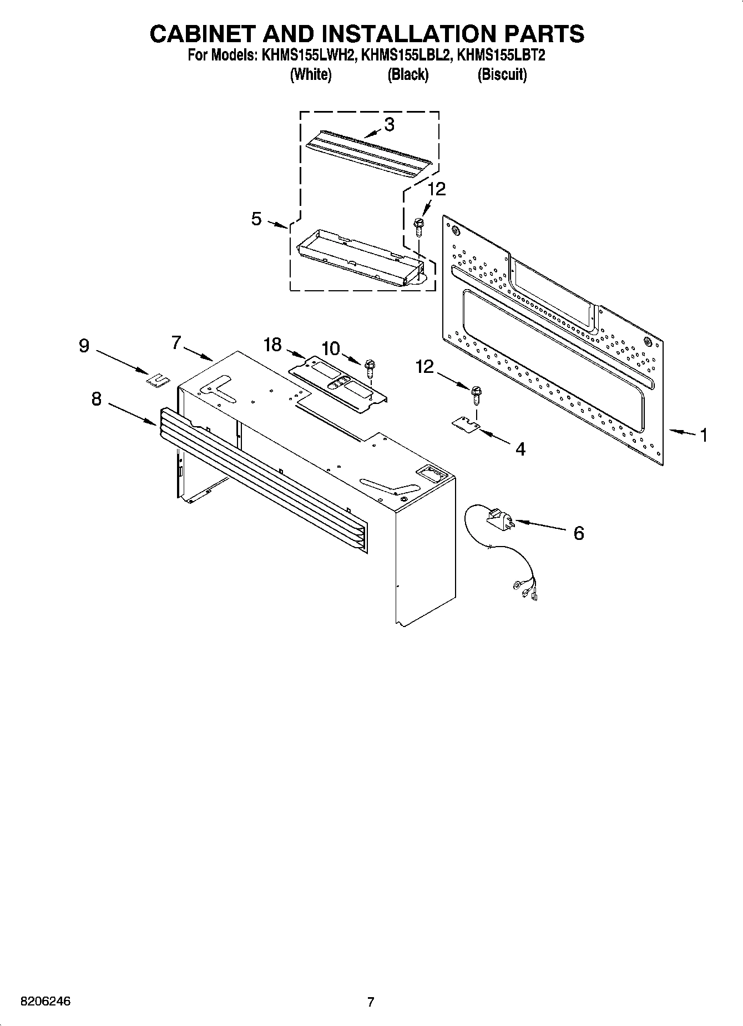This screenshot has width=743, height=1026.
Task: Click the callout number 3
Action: point(389,125)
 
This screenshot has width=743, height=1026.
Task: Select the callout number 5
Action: point(256,219)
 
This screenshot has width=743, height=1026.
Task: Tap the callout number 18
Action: point(272,345)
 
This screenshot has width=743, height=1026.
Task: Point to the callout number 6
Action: point(578,533)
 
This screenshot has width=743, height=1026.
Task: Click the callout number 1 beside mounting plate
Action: point(703,435)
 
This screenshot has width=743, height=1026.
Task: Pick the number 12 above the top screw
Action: point(437,189)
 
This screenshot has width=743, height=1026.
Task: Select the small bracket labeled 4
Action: point(466,424)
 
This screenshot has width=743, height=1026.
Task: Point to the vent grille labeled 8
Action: point(261,477)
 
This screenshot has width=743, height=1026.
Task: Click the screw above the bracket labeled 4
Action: point(476,393)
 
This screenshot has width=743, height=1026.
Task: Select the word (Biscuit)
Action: point(502,75)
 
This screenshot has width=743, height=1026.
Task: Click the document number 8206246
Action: point(46,1002)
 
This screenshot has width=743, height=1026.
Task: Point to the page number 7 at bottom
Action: point(371,1002)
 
